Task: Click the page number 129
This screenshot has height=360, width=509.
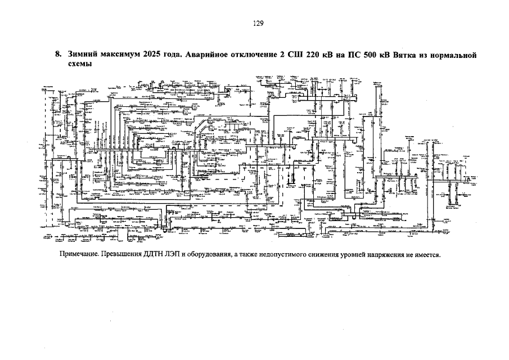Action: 258,23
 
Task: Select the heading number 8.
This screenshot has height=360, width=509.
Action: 58,55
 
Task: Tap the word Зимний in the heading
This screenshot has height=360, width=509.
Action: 81,55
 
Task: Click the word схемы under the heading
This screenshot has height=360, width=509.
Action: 80,64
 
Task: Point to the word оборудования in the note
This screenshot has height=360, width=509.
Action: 213,254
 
